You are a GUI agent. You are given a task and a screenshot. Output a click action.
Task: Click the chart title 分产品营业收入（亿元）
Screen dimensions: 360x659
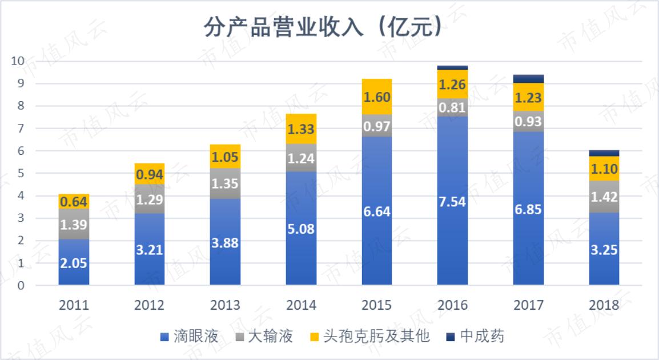point(323,27)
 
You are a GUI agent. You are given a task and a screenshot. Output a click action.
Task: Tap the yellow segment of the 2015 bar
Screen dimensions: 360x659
point(376,97)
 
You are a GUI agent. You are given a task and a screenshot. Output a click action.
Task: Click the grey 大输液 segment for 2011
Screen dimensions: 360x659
point(74,224)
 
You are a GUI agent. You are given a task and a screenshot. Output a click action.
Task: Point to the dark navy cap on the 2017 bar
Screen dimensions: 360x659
point(528,79)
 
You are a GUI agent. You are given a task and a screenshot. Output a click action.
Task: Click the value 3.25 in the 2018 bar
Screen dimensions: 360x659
point(604,249)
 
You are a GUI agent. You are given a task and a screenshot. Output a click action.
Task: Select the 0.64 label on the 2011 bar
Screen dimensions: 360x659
point(74,202)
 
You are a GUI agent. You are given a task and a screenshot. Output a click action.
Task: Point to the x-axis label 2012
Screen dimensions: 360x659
point(149,305)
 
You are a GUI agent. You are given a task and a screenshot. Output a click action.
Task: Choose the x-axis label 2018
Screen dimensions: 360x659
point(604,305)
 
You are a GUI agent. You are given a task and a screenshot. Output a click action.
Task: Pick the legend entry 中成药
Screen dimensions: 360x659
point(482,336)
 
